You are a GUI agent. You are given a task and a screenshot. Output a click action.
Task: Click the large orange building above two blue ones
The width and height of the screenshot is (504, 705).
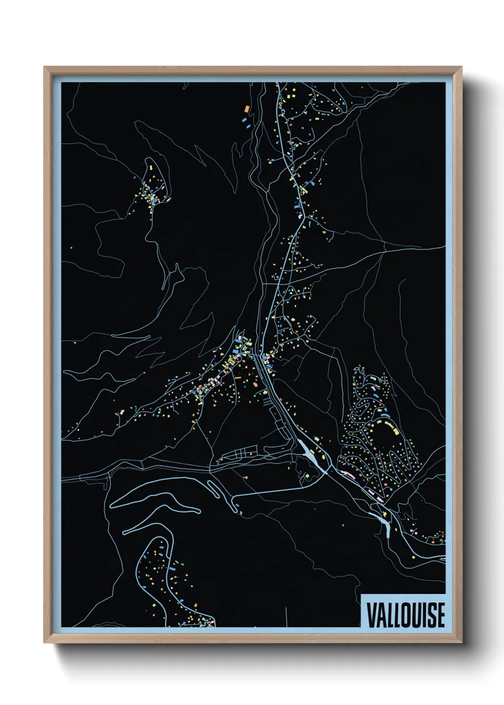tap(247, 109)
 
